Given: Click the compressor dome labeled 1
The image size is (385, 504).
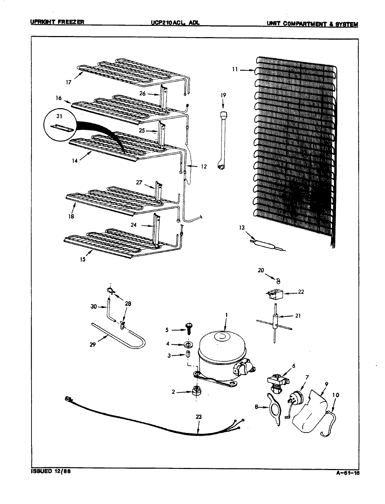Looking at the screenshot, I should (219, 350).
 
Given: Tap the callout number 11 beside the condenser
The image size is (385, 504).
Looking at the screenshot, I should (234, 69).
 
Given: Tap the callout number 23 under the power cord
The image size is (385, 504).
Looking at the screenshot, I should (198, 417).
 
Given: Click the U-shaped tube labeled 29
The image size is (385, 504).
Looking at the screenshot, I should (119, 336).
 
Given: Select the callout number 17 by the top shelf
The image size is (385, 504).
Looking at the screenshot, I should (68, 82).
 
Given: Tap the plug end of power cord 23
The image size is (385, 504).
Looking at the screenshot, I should (68, 399).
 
